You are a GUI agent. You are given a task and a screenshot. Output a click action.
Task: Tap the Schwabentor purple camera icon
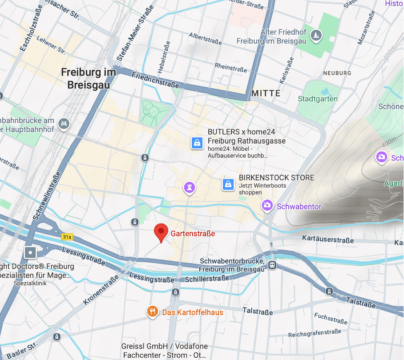267,205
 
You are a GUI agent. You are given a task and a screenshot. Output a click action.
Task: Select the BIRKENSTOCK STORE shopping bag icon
228,184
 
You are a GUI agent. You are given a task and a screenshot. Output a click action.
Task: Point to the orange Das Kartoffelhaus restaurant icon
153,312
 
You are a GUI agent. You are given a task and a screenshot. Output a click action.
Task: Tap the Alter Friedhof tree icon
316,35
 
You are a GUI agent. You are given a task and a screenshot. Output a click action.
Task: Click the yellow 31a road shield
67,237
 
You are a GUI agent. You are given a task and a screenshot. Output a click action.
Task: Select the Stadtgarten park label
318,99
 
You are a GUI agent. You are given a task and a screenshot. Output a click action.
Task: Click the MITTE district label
266,93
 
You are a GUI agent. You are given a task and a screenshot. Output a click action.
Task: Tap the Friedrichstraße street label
155,80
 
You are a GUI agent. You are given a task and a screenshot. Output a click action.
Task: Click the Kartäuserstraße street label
328,239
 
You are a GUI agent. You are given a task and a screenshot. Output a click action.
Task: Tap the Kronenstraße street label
101,290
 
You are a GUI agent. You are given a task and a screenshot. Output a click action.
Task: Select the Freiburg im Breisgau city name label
89,78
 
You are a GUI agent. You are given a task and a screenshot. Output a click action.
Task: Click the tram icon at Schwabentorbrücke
272,265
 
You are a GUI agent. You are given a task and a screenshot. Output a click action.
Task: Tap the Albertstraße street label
205,39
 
